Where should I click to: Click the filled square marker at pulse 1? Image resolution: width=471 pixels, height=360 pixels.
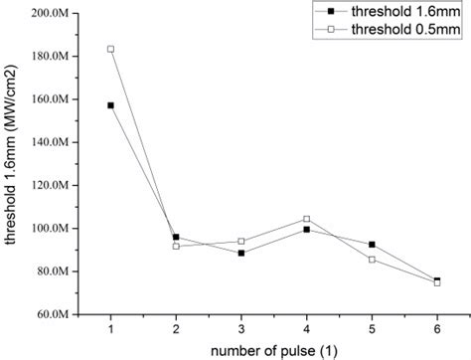[x=110, y=104]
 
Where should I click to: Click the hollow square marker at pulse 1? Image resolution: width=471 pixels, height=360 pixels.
[x=110, y=49]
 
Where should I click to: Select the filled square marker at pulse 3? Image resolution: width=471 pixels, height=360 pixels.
[x=241, y=253]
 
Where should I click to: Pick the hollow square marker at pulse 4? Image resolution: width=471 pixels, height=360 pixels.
[x=306, y=219]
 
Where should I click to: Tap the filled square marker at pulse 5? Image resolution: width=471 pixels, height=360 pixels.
[x=372, y=245]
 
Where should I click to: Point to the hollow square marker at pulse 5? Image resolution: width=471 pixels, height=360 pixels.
[x=372, y=260]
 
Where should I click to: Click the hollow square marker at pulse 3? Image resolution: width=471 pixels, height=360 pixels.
[x=241, y=242]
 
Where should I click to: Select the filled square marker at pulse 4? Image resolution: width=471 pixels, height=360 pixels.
[x=306, y=230]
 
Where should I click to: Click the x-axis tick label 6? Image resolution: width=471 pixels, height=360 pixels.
[x=437, y=328]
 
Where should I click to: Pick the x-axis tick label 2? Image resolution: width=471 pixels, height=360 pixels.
[x=176, y=328]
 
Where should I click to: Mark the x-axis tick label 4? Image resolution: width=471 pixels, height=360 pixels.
[x=306, y=328]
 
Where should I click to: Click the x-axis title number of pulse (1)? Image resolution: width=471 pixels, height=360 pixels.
[x=273, y=349]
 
